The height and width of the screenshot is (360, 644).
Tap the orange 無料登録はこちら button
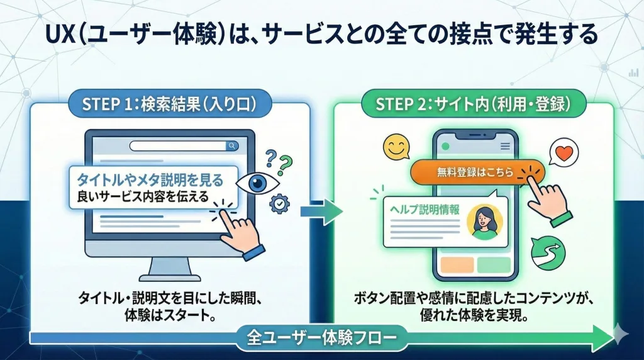[x=475, y=172]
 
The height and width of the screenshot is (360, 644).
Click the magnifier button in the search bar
[x=232, y=146]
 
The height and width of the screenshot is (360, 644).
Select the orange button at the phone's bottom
[x=457, y=264]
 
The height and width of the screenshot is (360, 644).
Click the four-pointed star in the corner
[x=623, y=335]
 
